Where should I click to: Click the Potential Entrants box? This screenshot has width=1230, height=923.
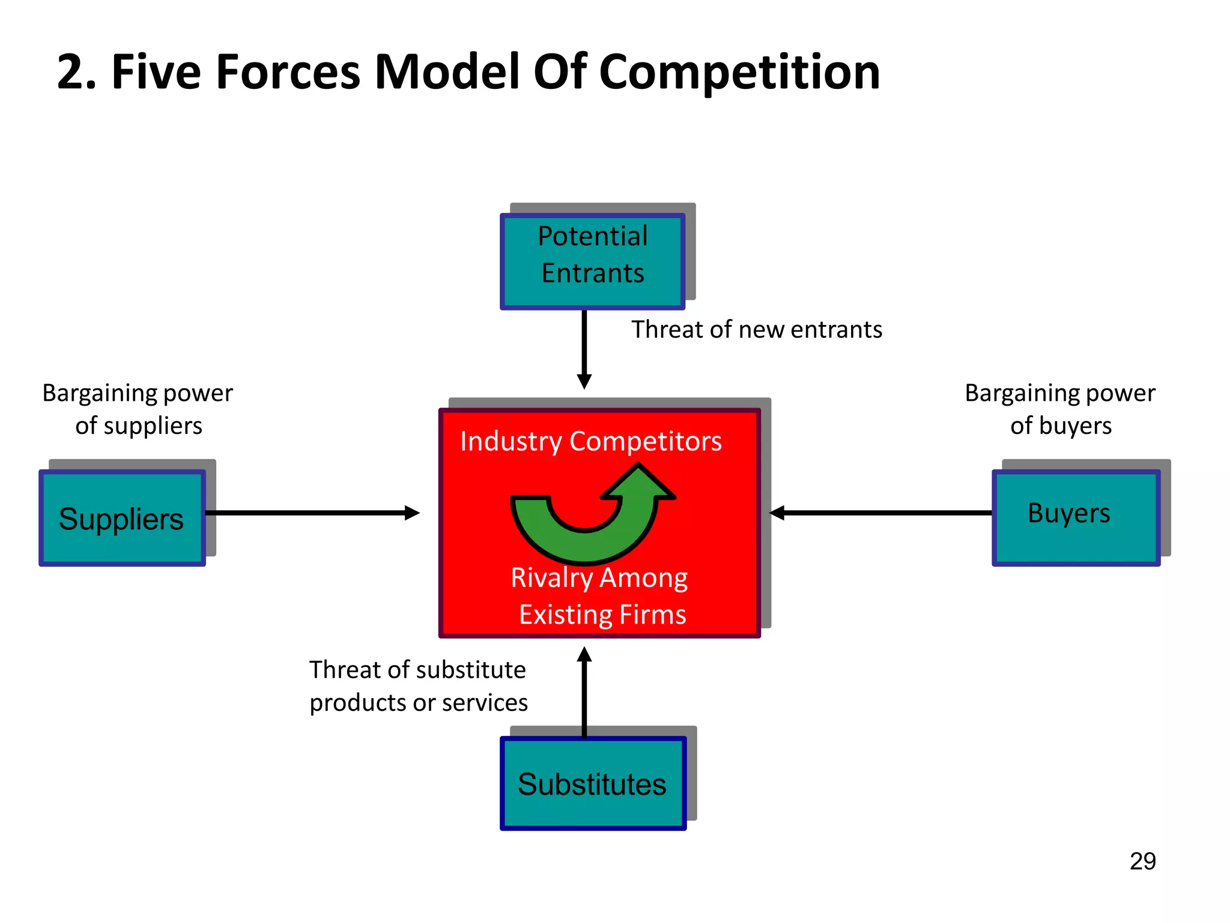592,261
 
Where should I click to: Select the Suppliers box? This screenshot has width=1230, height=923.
123,518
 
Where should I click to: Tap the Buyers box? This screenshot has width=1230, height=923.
1075,518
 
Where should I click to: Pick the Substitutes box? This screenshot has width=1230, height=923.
593,784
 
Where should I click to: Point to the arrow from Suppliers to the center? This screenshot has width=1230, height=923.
312,513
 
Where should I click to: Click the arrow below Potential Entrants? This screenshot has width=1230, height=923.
584,349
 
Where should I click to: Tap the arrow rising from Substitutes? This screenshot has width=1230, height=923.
584,691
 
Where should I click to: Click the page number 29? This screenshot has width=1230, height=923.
1142,861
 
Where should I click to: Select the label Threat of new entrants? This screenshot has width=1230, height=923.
757,329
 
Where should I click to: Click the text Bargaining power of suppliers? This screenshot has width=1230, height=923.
138,409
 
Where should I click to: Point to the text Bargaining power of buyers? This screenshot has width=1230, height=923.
1060,409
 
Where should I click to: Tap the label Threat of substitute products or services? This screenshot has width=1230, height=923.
418,686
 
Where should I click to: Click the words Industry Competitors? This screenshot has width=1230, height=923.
591,441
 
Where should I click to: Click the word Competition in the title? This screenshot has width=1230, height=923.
739,72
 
